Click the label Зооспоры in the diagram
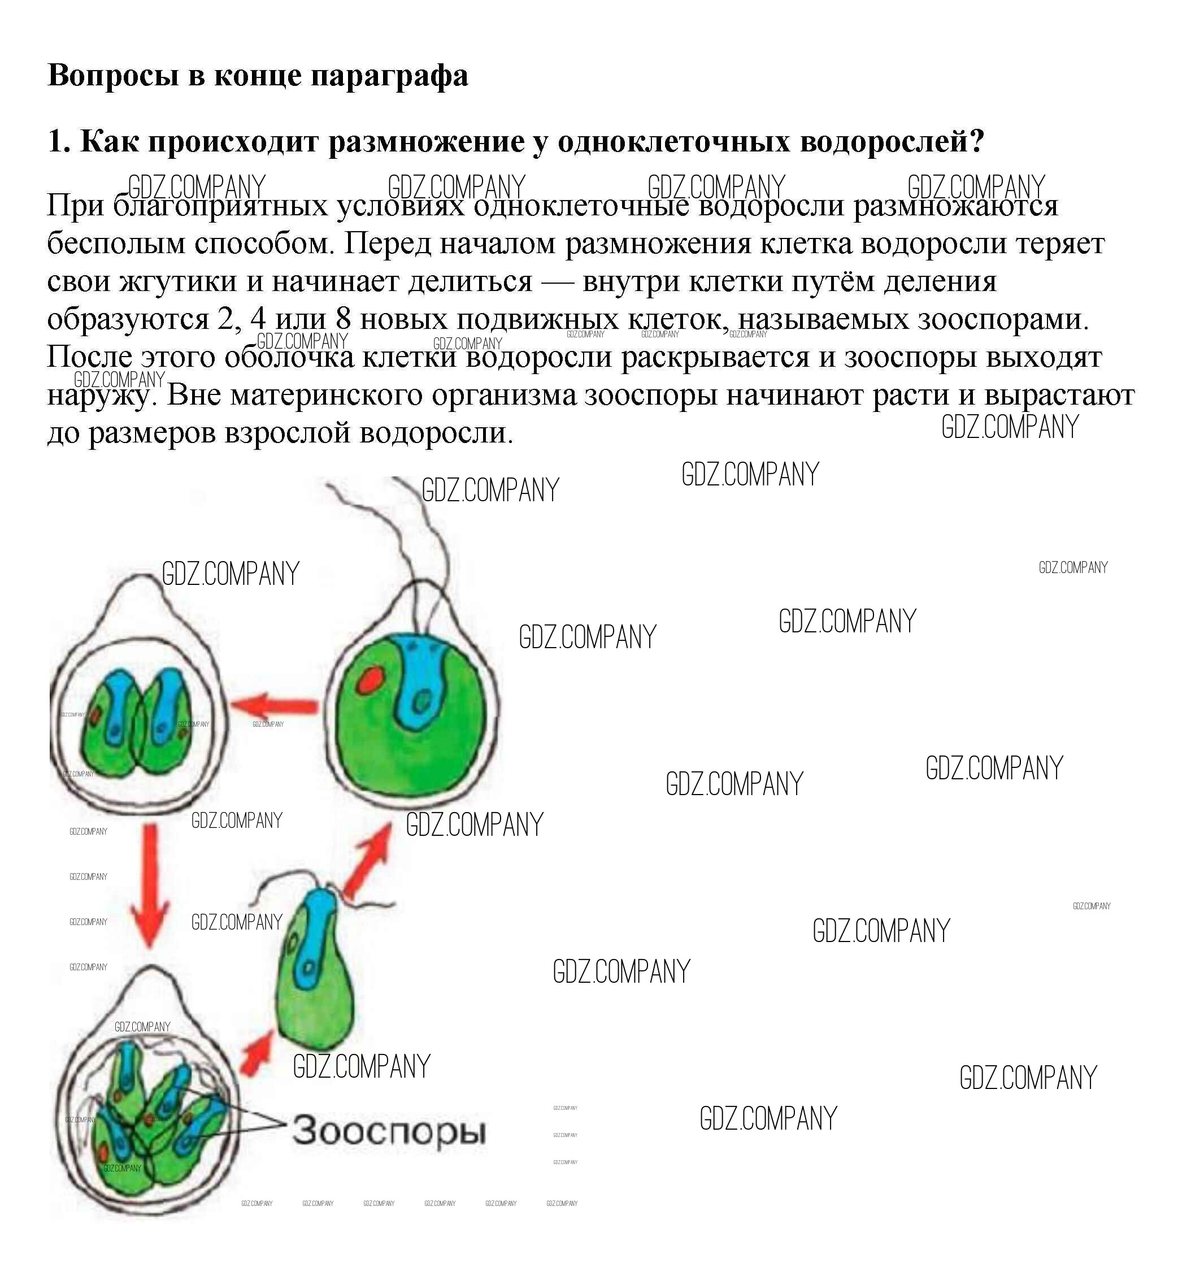pyautogui.click(x=389, y=1131)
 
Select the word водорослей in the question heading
pyautogui.click(x=892, y=141)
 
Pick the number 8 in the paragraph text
pyautogui.click(x=343, y=319)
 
